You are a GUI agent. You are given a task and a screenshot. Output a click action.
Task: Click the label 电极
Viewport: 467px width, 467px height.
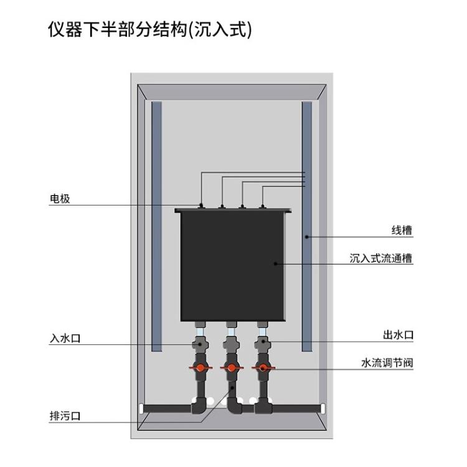tap(60, 199)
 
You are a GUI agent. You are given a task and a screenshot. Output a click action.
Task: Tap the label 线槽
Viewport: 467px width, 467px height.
tap(402, 230)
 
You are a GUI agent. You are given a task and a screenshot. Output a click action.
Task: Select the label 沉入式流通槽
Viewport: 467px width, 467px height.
tap(381, 258)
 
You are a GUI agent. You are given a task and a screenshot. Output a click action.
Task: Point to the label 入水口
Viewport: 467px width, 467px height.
tap(65, 338)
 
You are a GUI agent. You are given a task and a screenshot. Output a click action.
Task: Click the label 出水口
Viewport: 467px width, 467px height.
tap(399, 335)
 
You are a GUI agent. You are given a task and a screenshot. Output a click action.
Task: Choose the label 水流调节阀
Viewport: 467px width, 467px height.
tap(387, 363)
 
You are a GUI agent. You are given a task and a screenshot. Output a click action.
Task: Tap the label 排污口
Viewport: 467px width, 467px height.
tap(65, 416)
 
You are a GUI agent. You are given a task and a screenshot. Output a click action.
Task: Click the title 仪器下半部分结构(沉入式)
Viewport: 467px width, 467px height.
tap(150, 30)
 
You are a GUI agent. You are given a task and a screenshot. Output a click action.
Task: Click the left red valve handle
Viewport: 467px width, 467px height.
tap(200, 368)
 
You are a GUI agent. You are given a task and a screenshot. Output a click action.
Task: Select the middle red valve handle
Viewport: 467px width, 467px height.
tap(232, 368)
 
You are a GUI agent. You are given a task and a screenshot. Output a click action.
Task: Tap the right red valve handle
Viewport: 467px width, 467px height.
tap(263, 368)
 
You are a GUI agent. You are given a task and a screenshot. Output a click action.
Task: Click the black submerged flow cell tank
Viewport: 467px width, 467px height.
tap(233, 265)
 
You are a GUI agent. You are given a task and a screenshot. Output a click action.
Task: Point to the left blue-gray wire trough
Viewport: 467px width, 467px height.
tap(157, 227)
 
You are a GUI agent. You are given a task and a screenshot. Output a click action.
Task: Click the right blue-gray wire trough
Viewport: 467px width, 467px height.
tap(307, 227)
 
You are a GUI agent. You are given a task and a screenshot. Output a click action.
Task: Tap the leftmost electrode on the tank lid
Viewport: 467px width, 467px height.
tap(201, 205)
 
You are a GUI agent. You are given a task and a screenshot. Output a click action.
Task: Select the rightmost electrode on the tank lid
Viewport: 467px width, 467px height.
tap(262, 206)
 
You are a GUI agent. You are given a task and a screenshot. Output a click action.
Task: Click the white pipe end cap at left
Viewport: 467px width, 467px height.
tap(141, 408)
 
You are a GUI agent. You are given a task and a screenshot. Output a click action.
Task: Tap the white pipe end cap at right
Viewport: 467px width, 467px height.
tap(323, 408)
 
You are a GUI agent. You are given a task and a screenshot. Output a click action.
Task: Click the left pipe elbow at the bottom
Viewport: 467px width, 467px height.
tap(199, 405)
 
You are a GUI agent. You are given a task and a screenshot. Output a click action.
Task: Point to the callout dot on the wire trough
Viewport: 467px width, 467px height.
tap(307, 237)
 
